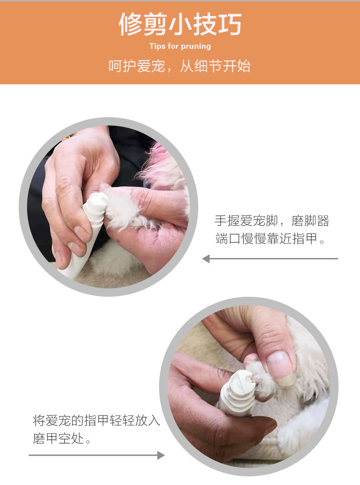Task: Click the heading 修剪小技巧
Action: (x=180, y=24)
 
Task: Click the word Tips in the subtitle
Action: (x=157, y=46)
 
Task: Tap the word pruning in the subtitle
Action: (x=196, y=46)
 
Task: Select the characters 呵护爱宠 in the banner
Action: (x=136, y=66)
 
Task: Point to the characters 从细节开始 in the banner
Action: (x=215, y=66)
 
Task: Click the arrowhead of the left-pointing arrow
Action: (x=206, y=258)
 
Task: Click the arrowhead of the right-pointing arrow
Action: (x=161, y=455)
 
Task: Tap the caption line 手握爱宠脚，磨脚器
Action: (x=272, y=221)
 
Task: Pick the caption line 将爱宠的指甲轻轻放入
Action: (x=97, y=420)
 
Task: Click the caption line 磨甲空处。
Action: (x=62, y=439)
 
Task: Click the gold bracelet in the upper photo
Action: (x=65, y=139)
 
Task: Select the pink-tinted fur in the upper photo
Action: (x=161, y=165)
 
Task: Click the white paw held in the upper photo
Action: (x=123, y=210)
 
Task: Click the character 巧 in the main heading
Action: (x=230, y=24)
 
